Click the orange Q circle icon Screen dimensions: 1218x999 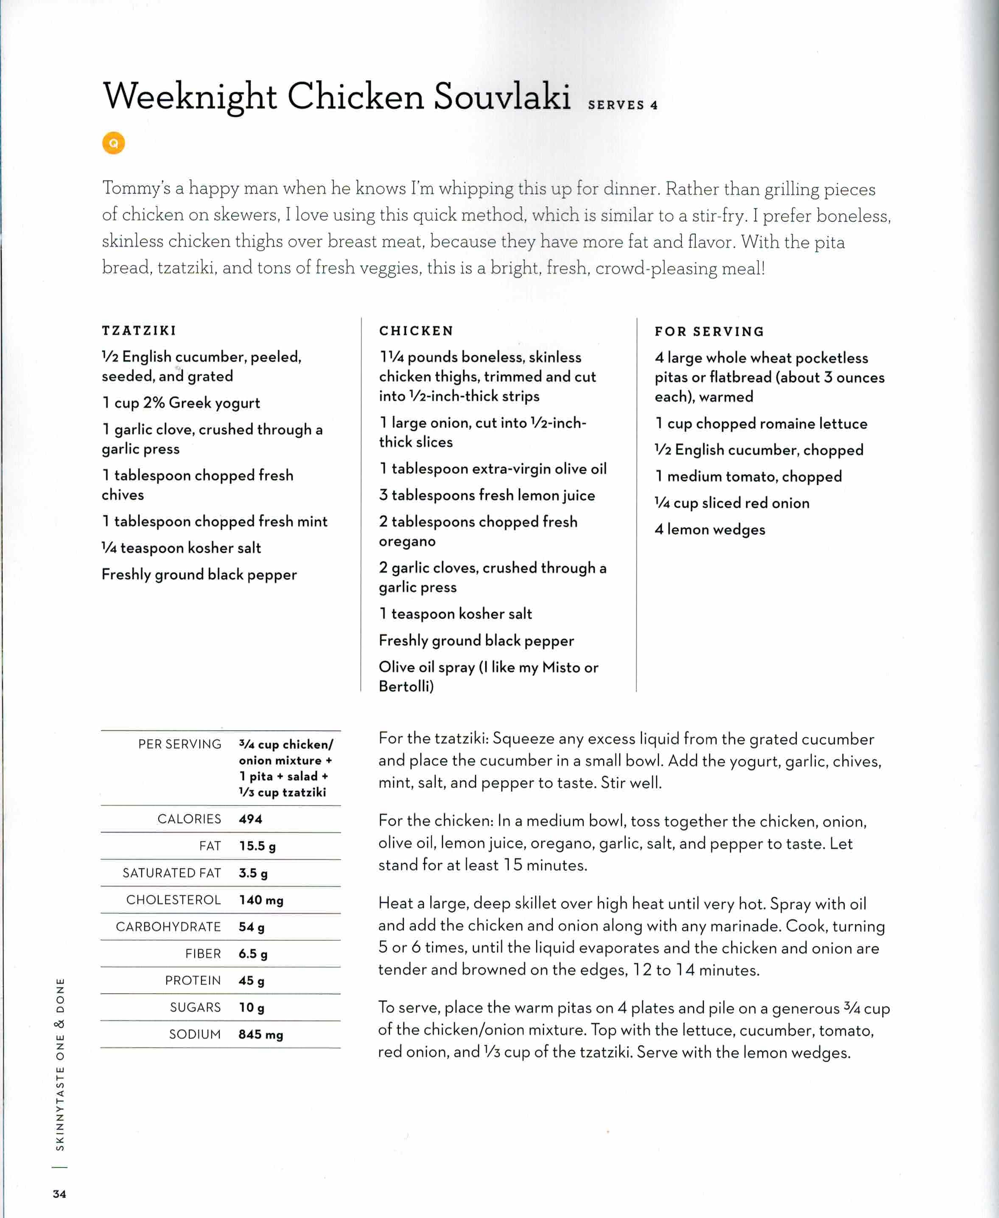113,143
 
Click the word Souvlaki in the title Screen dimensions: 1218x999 501,96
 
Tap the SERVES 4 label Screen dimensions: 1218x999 622,105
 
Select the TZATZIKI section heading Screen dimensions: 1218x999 139,331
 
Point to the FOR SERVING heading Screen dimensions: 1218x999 709,332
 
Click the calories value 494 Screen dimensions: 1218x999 250,819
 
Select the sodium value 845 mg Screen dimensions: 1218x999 261,1034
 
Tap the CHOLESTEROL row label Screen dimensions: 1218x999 173,900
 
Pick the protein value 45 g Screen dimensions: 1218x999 252,980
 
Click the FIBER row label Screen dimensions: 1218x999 203,954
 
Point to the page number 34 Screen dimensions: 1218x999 59,1194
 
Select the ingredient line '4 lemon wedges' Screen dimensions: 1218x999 710,529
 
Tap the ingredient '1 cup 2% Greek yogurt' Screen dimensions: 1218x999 181,402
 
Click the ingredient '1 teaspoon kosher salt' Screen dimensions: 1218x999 455,613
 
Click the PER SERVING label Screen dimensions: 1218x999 179,744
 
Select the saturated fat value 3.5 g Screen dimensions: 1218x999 253,872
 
